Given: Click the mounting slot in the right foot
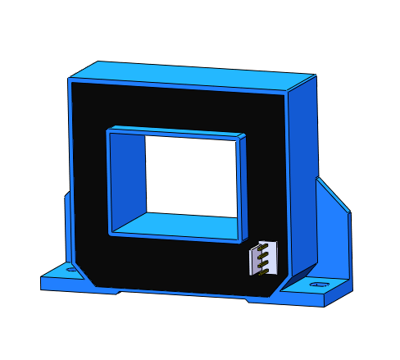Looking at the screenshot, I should click(318, 285).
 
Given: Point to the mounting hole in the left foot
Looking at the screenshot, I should click(70, 268).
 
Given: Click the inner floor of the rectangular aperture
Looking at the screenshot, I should click(176, 224).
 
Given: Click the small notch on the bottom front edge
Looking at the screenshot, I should click(248, 298).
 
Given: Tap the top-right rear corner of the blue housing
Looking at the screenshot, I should click(315, 75).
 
